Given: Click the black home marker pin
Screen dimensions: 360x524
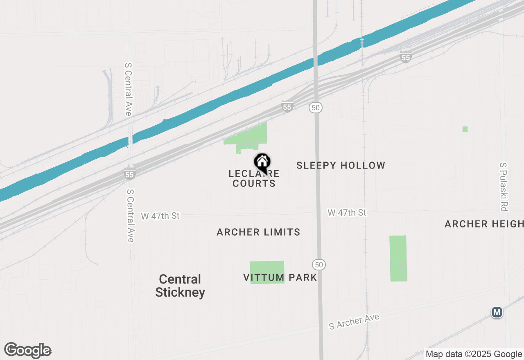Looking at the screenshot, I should point(262,162).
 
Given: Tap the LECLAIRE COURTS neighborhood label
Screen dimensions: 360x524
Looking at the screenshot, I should point(254,179).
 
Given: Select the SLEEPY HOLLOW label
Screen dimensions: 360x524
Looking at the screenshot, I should point(341,165).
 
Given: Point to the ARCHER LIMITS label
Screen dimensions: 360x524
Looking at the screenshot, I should point(258,232).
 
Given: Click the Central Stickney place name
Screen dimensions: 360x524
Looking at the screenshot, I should point(180,286).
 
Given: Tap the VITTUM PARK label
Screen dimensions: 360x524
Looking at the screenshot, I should point(280,277).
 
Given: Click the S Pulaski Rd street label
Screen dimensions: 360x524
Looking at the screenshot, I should point(504,187).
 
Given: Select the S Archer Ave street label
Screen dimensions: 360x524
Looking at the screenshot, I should point(355,322).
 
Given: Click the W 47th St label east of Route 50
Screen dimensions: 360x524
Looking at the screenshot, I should point(347,213).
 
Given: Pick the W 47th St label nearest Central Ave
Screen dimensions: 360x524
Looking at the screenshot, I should point(160,216).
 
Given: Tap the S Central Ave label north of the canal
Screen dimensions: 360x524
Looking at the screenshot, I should point(128,89).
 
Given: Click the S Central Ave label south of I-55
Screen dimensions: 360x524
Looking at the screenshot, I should point(130,215).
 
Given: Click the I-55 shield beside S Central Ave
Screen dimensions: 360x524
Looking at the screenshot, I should point(129,175).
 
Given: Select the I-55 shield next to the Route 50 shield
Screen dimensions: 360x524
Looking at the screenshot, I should point(287,107).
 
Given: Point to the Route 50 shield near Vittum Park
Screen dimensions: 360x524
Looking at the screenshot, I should point(319,265).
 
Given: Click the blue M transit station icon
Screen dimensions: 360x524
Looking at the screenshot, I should point(497,313).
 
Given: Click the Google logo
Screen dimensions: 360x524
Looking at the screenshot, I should point(28,351).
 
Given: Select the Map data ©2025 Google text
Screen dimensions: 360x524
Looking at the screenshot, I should point(473,354).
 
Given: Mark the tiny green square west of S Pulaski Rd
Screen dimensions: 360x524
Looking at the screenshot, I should point(465,129).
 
